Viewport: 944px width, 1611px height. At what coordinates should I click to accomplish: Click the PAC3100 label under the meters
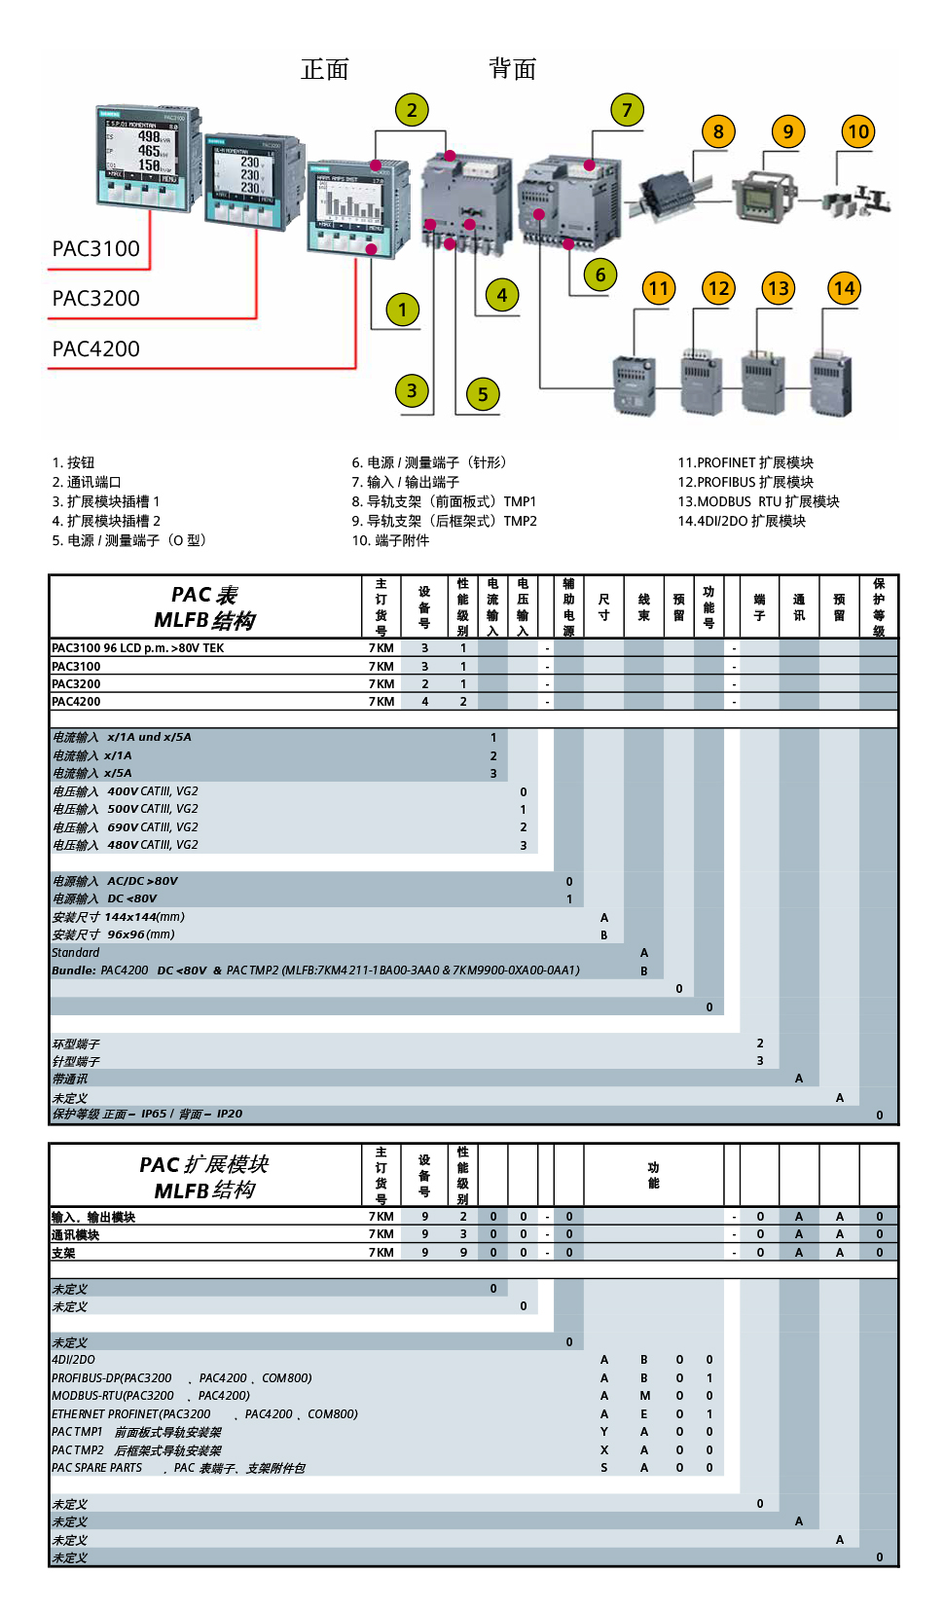96,249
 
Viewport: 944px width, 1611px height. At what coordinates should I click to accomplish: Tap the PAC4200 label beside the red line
96,349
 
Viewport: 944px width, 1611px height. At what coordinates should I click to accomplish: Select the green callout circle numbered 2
412,110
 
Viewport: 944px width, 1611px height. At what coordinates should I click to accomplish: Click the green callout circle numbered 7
627,110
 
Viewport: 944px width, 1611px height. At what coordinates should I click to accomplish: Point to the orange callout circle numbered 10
857,131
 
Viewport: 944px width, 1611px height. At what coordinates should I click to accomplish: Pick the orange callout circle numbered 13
778,288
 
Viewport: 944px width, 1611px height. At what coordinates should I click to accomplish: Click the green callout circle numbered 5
483,394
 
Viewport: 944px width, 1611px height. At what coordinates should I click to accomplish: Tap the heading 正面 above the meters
325,69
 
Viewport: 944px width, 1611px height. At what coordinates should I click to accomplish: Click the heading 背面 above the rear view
513,69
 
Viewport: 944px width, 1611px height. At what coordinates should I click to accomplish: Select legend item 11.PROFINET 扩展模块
745,462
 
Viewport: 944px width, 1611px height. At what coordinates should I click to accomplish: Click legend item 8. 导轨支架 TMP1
444,501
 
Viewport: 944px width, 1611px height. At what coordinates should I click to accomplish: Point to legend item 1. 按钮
74,462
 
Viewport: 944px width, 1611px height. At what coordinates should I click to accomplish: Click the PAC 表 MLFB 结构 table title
204,607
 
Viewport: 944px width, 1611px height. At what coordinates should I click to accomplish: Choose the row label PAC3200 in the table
76,684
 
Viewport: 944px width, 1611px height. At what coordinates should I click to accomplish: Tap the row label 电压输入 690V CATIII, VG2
126,827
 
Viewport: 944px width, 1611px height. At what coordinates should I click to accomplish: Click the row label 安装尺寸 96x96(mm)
114,934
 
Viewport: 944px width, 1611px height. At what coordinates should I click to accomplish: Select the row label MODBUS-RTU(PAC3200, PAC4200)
151,1396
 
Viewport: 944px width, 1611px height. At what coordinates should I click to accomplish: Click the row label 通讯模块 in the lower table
76,1235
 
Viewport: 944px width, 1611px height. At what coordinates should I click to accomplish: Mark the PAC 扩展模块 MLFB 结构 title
204,1177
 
